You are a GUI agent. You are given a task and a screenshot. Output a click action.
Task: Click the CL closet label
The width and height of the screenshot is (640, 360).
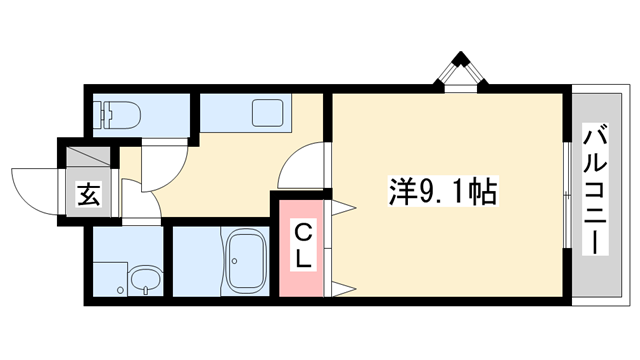tap(304, 246)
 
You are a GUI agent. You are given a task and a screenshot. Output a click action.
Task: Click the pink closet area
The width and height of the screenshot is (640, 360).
tap(304, 250)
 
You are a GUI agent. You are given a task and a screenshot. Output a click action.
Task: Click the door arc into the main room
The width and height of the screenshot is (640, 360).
tap(302, 165)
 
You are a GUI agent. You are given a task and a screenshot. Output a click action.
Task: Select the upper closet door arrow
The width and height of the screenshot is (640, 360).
tap(341, 208)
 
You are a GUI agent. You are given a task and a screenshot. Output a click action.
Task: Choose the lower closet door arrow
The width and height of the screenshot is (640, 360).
tap(341, 289)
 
